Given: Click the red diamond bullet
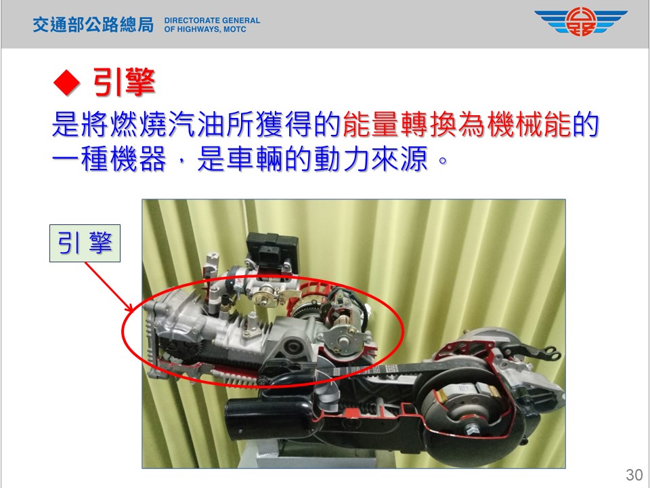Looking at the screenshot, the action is coord(66,83).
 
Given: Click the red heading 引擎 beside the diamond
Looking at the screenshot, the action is coord(124,82).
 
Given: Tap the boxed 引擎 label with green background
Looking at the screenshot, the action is coord(85,243).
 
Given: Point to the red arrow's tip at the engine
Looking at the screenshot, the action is coord(133,311).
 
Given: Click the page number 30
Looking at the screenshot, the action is coord(634,474).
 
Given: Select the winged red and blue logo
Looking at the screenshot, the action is coord(580,22).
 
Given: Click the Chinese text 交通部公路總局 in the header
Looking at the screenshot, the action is coord(93,24).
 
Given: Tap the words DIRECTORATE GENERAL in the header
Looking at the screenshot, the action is coord(212,20).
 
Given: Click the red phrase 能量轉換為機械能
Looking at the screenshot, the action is coord(457,123).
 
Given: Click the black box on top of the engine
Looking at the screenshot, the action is coord(272,251).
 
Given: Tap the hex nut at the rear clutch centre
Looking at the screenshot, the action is coord(472,428).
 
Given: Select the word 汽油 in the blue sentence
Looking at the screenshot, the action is coord(182,123).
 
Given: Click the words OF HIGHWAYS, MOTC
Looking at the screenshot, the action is coord(205,29).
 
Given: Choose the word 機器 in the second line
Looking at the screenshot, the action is coord(138,158).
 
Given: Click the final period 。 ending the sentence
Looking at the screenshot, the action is coord(443,160).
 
